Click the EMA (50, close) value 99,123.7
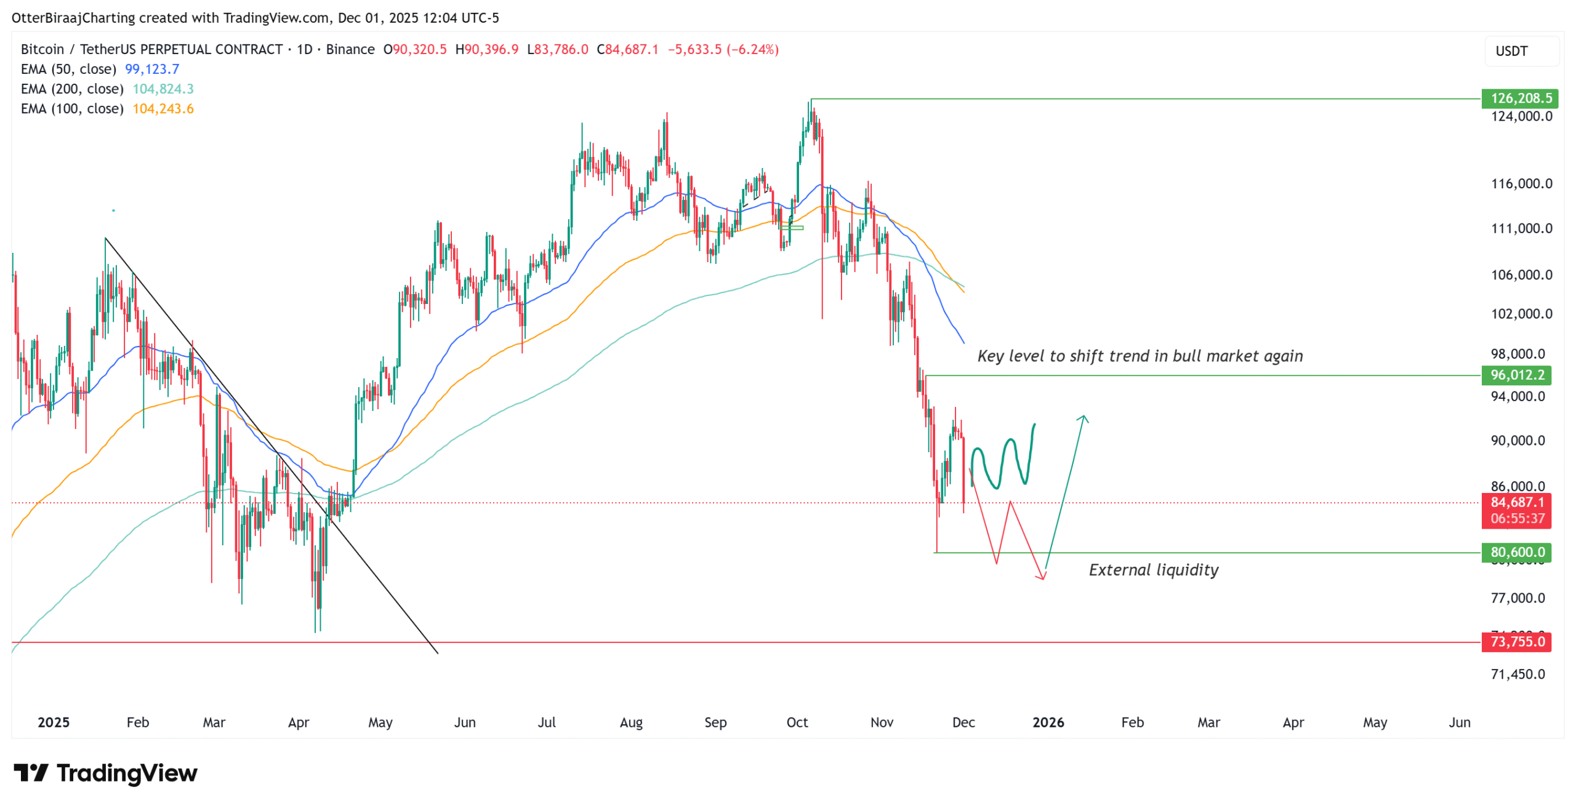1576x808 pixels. coord(152,69)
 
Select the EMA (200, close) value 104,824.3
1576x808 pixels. coord(163,89)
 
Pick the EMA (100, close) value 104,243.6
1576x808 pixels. coord(163,108)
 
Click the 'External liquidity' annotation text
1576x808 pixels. coord(1154,570)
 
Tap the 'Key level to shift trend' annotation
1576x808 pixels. coord(1140,356)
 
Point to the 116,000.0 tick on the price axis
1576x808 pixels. coord(1521,183)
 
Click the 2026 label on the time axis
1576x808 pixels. coord(1048,722)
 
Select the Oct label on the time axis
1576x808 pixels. coord(797,722)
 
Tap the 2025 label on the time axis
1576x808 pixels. coord(54,722)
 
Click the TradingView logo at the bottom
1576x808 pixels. coord(106,773)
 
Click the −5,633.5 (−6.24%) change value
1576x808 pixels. coord(723,49)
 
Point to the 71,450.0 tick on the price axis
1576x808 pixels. coord(1518,674)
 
